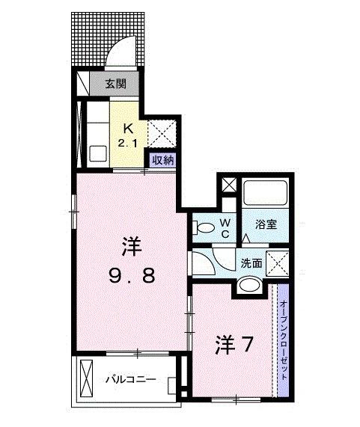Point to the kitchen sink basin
99,153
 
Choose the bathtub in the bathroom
266,193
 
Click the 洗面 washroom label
251,262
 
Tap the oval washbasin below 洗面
249,284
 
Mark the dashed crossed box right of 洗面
279,263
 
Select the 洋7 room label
232,345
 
